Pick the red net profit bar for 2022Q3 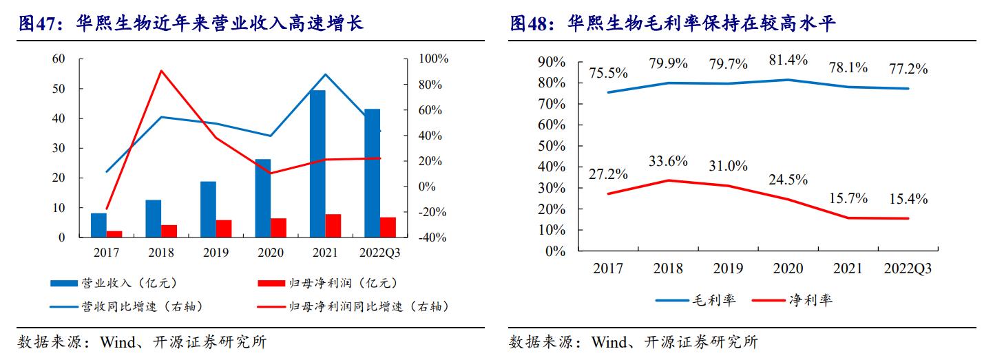coord(388,227)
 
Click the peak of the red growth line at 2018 coord(161,70)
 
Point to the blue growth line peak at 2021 coord(325,74)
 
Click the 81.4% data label coord(788,60)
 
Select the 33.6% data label coord(668,161)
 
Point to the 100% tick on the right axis coord(431,59)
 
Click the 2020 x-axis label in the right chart coord(788,268)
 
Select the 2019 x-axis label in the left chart coord(216,253)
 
